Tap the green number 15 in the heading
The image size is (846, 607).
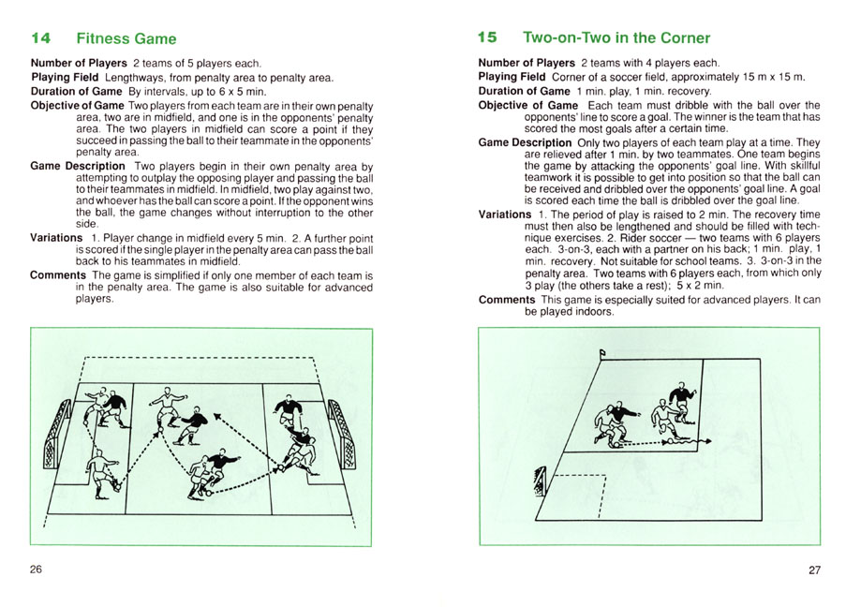[x=486, y=38]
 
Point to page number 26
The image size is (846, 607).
[x=36, y=570]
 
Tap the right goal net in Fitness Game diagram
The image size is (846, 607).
[x=348, y=440]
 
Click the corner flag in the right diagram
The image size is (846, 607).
[x=603, y=353]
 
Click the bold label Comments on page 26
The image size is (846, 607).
[x=61, y=275]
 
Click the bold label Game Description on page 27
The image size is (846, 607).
[x=525, y=143]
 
